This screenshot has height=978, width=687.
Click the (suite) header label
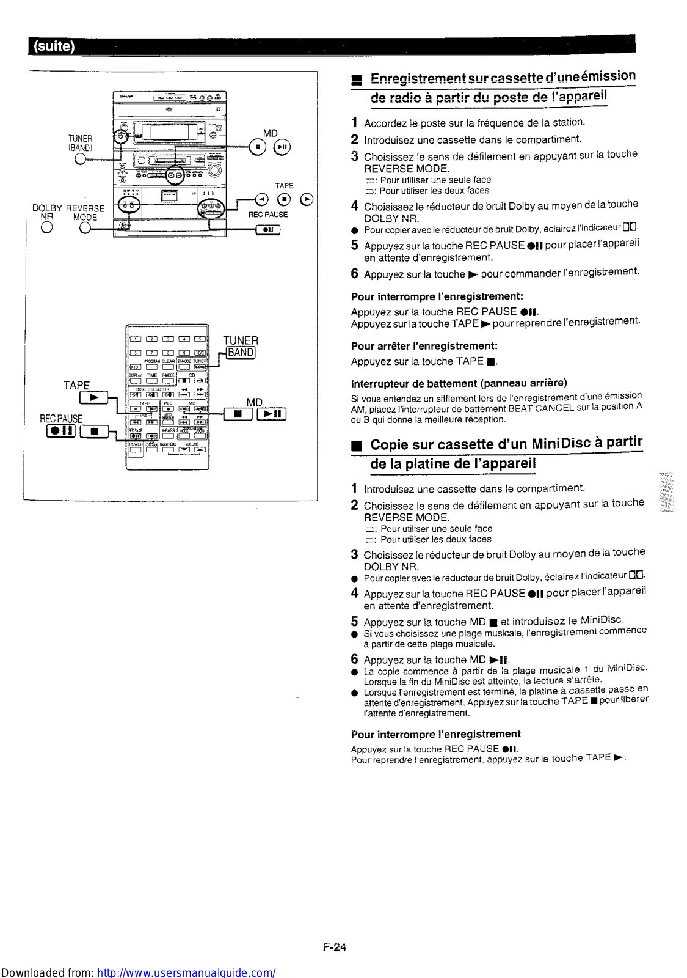coord(54,46)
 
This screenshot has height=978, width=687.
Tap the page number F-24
coord(334,947)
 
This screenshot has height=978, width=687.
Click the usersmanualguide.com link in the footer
coord(186,972)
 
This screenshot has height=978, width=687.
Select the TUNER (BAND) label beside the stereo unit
coord(80,143)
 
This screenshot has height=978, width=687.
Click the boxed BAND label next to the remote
coord(241,353)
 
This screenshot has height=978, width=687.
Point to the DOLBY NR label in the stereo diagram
coord(46,212)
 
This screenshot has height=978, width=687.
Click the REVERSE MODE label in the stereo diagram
coord(85,213)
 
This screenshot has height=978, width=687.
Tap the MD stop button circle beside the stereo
coord(258,147)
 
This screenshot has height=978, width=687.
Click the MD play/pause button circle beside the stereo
coord(282,147)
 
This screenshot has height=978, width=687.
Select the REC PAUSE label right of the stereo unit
coord(267,215)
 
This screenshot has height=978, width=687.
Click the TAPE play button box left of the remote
coord(93,398)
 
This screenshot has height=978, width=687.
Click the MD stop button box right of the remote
coord(238,414)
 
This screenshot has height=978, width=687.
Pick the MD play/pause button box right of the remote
coord(271,414)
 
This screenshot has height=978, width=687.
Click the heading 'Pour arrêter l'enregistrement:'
coord(424,346)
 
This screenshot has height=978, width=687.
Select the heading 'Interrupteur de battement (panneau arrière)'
coord(459,383)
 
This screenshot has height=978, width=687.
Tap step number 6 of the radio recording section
coord(354,274)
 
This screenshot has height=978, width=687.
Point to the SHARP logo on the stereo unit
coord(126,97)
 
